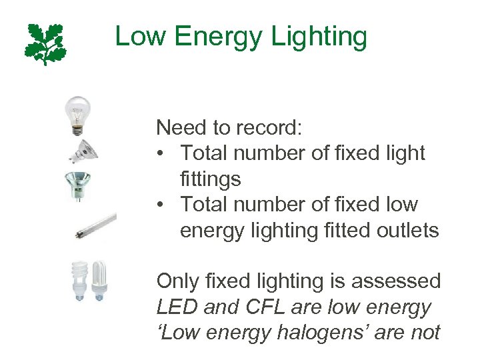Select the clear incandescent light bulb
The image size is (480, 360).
tap(77, 114)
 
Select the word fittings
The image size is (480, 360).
tap(210, 179)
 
